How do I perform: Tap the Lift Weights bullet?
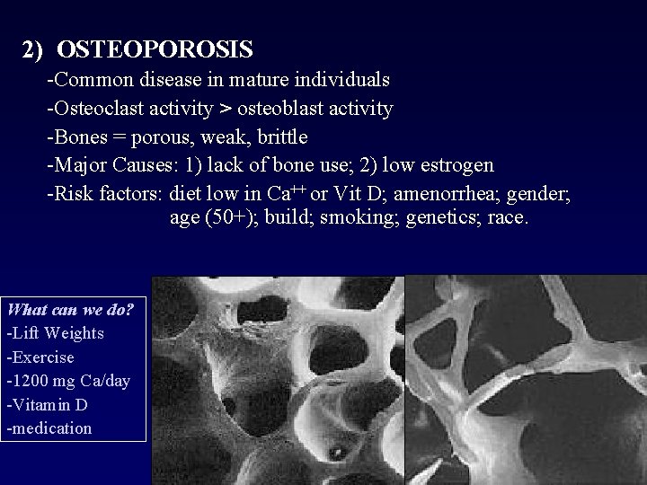click(x=56, y=333)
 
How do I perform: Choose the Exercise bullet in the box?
click(x=40, y=357)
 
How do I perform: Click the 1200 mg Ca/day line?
click(x=68, y=381)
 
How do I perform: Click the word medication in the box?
click(x=50, y=428)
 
